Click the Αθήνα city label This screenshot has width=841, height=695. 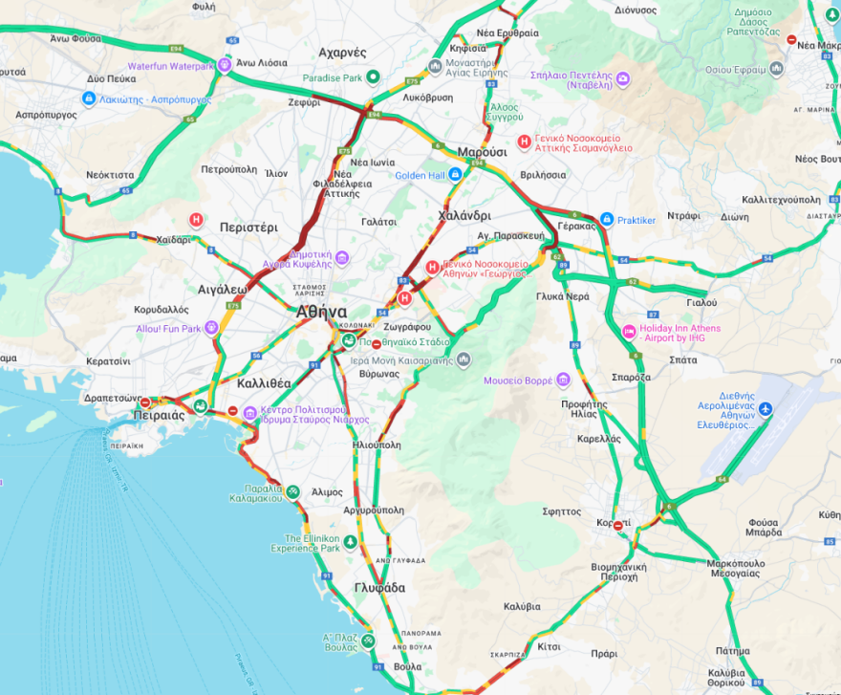point(321,312)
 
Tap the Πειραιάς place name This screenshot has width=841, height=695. point(160,416)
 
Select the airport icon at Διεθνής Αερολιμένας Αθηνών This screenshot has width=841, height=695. point(766,410)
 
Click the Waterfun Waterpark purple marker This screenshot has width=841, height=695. point(225,65)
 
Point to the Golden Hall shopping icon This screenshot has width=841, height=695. point(455,174)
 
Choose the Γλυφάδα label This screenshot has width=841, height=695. point(379,587)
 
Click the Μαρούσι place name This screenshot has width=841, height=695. point(482,152)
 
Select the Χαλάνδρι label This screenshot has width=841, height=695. point(464,215)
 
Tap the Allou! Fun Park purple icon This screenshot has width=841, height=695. point(212,328)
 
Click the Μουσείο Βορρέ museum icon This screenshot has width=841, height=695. point(564,380)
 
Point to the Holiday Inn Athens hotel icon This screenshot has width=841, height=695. point(629,333)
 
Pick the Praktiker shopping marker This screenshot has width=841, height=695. point(605,220)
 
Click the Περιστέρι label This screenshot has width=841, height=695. point(248,228)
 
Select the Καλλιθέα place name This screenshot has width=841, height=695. point(264,382)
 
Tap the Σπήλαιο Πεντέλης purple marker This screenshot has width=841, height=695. point(622,78)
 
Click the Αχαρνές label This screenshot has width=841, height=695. point(342,52)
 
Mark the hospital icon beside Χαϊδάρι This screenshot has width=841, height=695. point(196,219)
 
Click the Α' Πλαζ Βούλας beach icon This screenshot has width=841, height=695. point(368,641)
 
